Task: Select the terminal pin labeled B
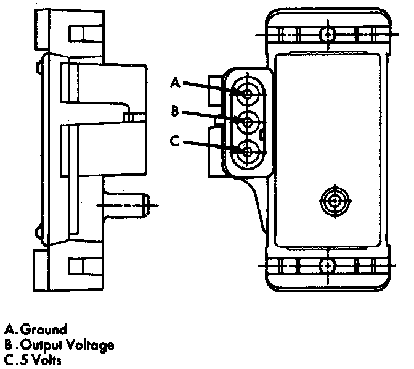(x=248, y=122)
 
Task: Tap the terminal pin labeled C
(x=248, y=151)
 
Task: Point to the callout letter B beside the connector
(x=175, y=111)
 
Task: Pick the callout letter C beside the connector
(x=175, y=141)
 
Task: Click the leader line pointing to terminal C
(x=213, y=146)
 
